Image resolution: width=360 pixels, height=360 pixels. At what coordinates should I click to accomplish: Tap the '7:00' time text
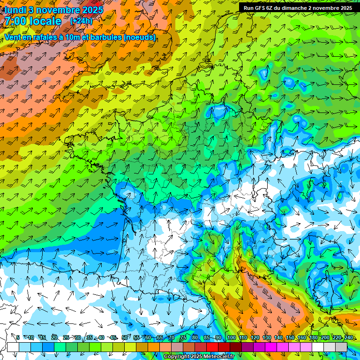15,21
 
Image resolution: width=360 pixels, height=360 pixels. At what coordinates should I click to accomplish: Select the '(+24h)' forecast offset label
81,21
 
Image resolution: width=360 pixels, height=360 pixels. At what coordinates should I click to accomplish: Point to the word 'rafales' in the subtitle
42,37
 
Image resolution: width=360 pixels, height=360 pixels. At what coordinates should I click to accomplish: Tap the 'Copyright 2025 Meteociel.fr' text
199,357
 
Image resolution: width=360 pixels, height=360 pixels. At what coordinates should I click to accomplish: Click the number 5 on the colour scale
18,337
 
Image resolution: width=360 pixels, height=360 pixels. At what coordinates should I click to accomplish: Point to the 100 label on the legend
232,337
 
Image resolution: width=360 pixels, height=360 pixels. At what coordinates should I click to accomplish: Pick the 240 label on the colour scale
349,337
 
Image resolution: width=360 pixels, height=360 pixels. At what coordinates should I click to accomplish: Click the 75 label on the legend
183,337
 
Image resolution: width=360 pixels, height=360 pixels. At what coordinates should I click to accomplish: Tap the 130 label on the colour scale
267,337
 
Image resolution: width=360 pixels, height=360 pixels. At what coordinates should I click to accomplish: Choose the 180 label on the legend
314,337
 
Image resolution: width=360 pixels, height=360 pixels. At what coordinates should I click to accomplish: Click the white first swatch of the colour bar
13,347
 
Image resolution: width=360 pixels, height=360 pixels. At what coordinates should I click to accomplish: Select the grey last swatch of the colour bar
341,347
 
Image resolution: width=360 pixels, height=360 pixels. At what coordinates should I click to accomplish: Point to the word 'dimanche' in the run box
294,8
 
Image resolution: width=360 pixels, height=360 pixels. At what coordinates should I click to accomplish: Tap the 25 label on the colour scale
66,337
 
